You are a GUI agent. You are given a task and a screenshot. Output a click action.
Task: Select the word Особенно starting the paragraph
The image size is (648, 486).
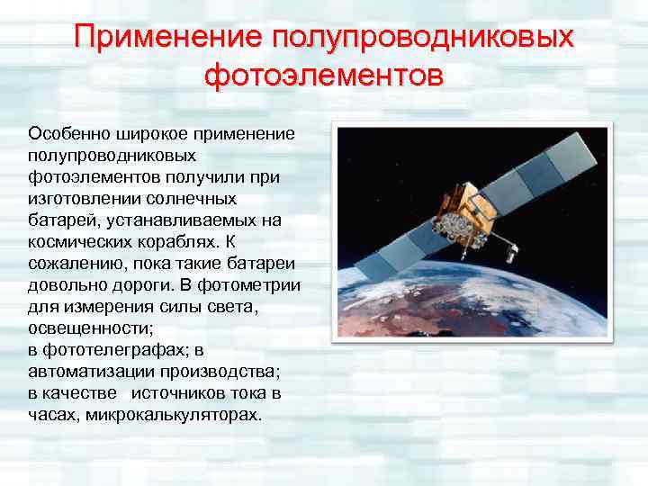[x=68, y=133]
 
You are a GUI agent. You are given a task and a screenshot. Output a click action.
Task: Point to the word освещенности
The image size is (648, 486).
[x=78, y=328]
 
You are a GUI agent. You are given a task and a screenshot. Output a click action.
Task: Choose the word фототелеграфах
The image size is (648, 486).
[x=112, y=349]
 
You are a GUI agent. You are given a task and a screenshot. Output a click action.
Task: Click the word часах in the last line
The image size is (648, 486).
[x=50, y=415]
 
